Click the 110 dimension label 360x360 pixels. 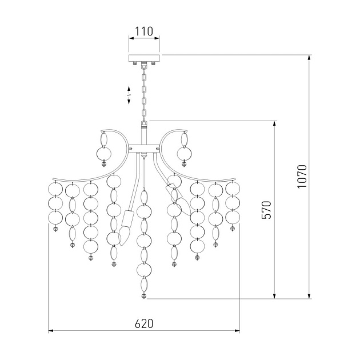click(x=144, y=31)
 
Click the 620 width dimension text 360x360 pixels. click(x=144, y=324)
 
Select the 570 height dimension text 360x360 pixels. click(x=266, y=210)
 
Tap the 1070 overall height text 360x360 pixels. click(x=302, y=177)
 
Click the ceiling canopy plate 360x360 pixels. click(x=144, y=58)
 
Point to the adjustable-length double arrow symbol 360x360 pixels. click(x=129, y=95)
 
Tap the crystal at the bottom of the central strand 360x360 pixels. click(x=144, y=296)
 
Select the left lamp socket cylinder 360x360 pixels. click(x=127, y=218)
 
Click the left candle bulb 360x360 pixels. click(x=125, y=235)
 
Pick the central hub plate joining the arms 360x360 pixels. click(x=144, y=149)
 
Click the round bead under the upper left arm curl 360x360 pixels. click(x=104, y=154)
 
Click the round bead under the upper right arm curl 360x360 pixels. click(x=184, y=154)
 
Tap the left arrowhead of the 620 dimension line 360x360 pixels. click(x=51, y=331)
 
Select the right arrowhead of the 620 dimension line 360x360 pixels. click(x=237, y=331)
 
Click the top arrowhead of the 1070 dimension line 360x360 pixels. click(x=309, y=58)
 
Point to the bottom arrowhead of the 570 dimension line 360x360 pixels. click(x=274, y=296)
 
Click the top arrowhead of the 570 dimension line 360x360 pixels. click(x=274, y=123)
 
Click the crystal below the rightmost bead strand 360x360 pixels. click(x=233, y=229)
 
